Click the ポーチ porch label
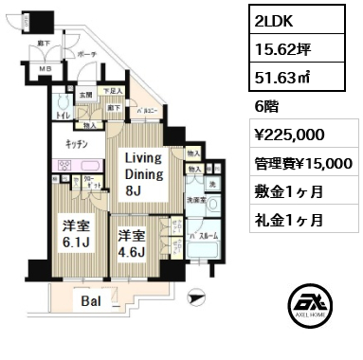pos(88,53)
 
